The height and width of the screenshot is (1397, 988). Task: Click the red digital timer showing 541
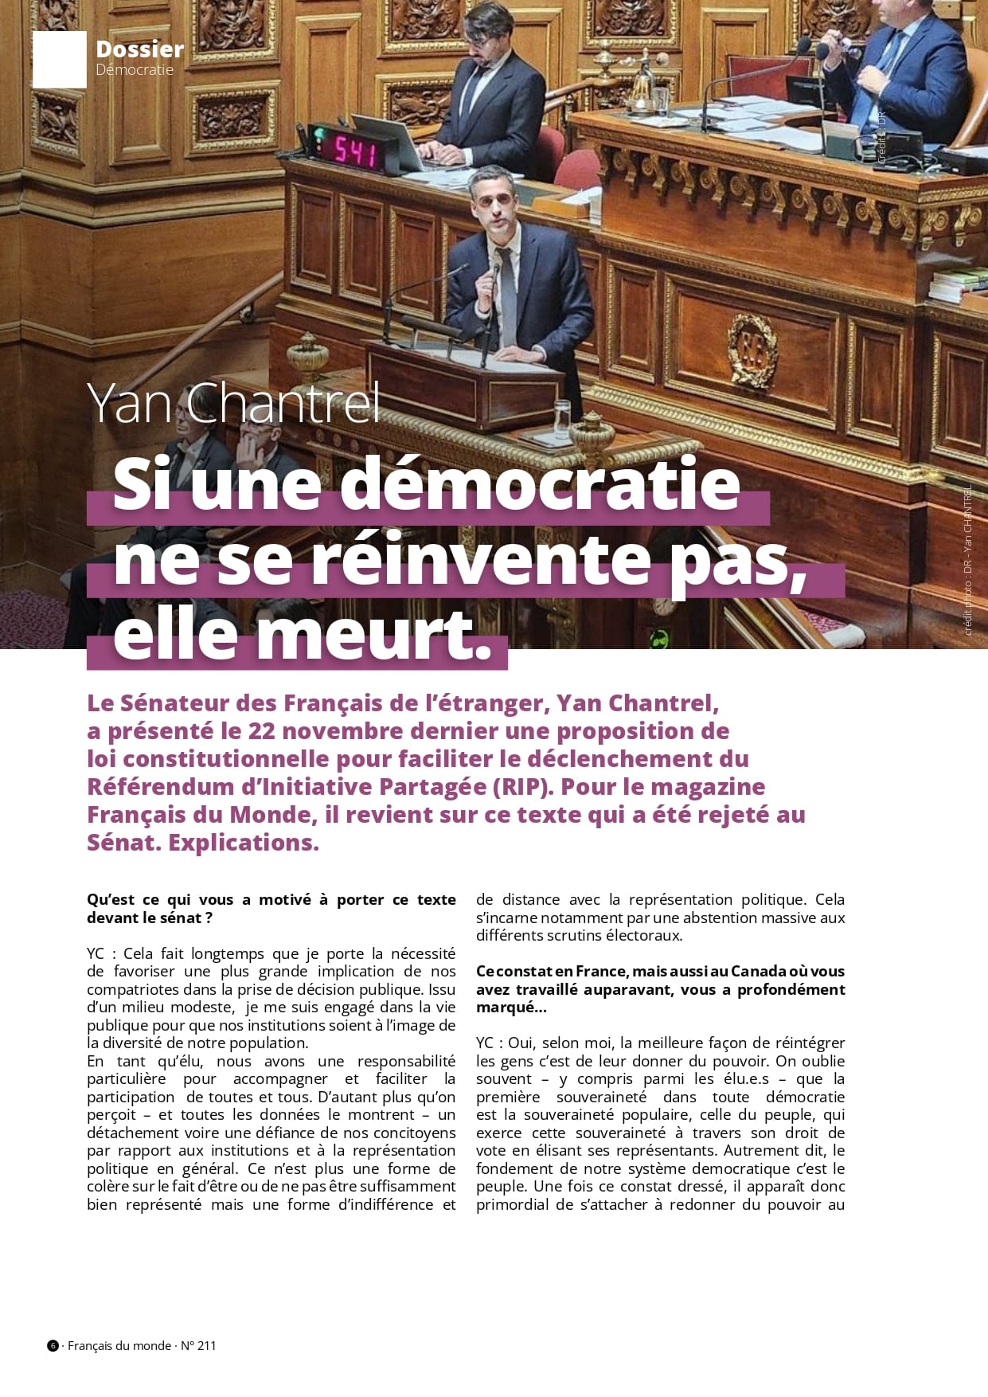click(355, 150)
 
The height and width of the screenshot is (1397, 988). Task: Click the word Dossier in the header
click(139, 49)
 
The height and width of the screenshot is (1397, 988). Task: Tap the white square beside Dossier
click(59, 59)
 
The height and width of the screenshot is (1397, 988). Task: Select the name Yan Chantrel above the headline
click(233, 403)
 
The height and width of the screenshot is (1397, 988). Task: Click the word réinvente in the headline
click(480, 560)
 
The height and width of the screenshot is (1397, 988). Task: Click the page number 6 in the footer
click(53, 1345)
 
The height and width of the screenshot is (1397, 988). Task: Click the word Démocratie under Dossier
click(134, 70)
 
